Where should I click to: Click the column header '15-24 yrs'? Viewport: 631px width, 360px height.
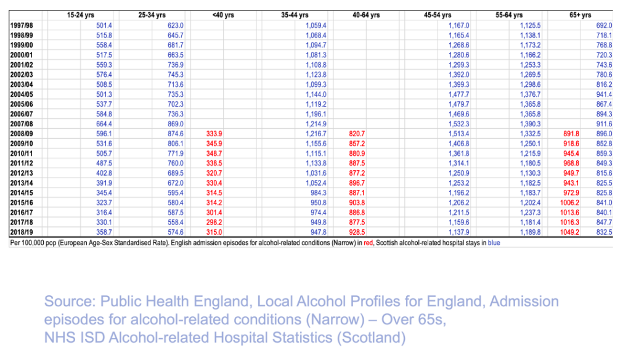tap(81, 15)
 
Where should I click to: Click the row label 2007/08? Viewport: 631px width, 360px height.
tap(23, 124)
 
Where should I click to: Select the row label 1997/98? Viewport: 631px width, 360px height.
tap(23, 25)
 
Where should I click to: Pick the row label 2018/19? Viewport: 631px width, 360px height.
tap(23, 232)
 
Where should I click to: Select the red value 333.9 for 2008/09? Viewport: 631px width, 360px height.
tap(213, 134)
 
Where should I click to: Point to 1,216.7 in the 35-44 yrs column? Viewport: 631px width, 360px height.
tap(315, 134)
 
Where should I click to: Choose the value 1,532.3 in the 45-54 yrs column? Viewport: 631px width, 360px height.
tap(458, 124)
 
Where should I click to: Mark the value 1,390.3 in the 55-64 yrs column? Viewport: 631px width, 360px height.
tap(530, 124)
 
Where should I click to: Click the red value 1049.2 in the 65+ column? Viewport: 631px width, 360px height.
tap(570, 232)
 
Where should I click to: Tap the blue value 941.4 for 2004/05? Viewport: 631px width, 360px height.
tap(604, 94)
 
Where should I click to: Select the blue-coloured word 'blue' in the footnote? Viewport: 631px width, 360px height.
tap(494, 243)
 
